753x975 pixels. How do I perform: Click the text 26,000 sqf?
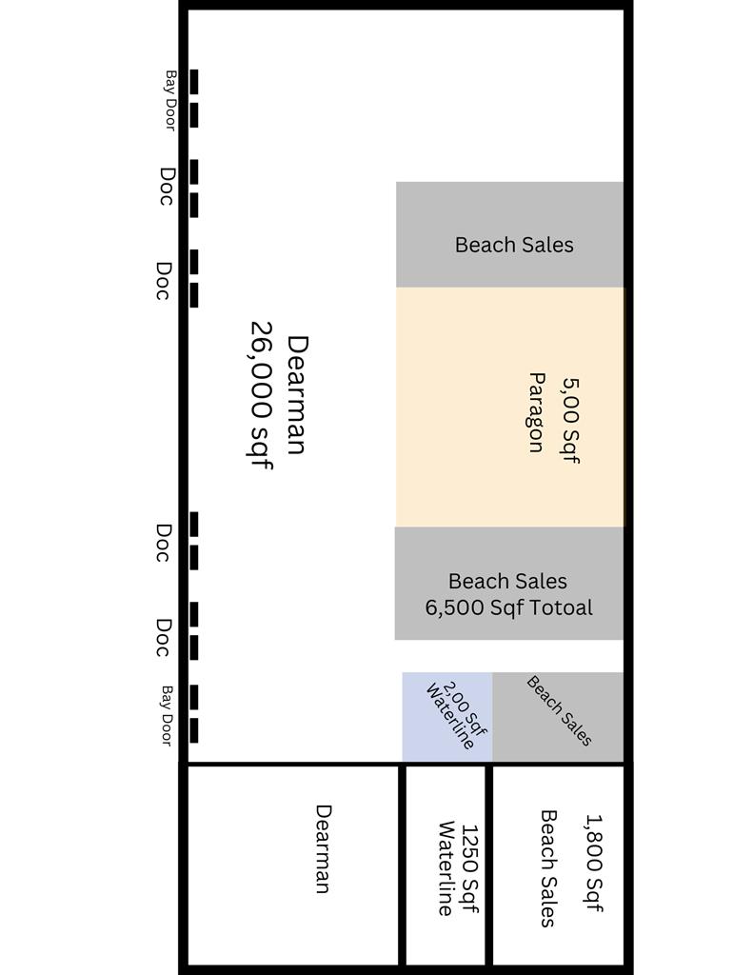[x=261, y=395]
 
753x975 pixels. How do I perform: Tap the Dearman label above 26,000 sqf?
[x=297, y=395]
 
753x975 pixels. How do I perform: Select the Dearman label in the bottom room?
[x=323, y=848]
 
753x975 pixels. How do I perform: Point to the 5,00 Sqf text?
[x=570, y=420]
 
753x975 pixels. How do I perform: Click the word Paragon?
[x=537, y=412]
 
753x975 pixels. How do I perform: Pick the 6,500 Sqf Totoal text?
[x=508, y=607]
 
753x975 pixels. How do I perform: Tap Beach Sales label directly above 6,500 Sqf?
[x=507, y=581]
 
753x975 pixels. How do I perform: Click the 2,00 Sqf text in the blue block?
[x=466, y=707]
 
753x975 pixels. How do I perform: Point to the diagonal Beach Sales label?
[x=559, y=710]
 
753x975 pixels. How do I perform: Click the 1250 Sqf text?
[x=469, y=868]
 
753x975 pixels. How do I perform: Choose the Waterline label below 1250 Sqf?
[x=446, y=868]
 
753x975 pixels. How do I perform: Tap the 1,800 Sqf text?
[x=594, y=863]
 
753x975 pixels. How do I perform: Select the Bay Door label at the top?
[x=169, y=100]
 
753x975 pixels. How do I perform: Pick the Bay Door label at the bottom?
[x=166, y=716]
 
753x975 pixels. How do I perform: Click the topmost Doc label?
[x=166, y=186]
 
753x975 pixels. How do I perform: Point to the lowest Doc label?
[x=162, y=637]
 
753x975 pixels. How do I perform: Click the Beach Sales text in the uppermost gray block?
[x=514, y=245]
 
